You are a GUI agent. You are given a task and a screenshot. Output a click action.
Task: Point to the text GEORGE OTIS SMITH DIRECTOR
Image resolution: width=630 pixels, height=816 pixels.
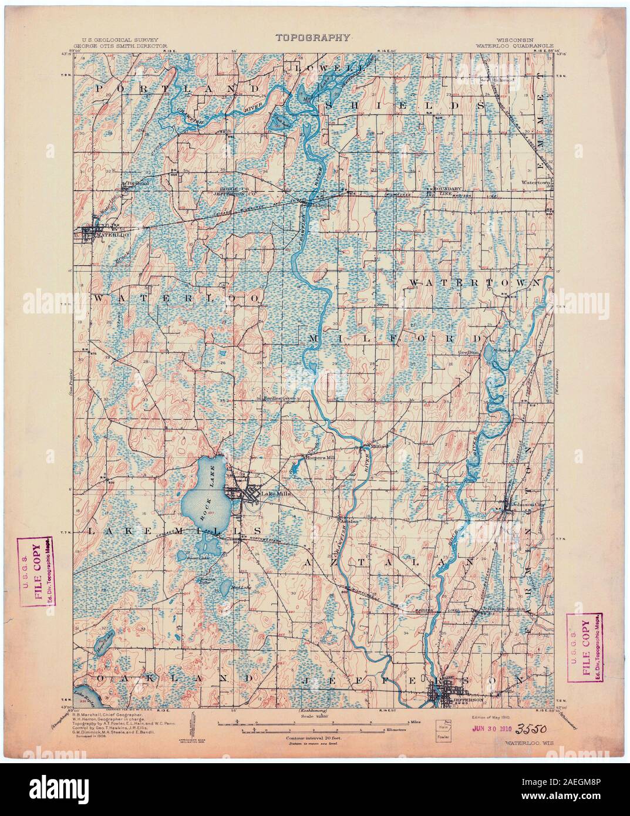(120, 44)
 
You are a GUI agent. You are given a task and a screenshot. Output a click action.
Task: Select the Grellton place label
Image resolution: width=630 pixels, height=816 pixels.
(469, 352)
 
